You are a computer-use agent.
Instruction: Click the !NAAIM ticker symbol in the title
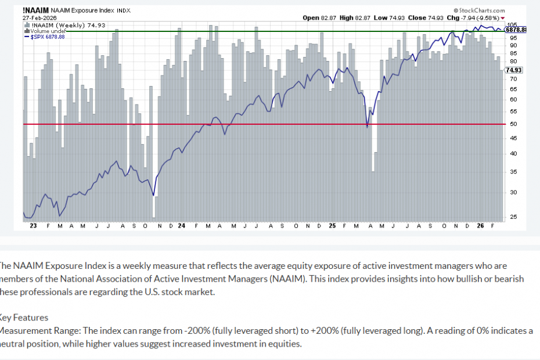pos(35,10)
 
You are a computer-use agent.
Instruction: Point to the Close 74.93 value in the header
pos(425,17)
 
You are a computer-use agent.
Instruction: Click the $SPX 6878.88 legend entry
pos(45,37)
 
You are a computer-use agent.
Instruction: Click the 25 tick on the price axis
pos(513,218)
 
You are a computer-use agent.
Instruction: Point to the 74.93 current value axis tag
pos(514,70)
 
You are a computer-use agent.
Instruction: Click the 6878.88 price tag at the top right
pos(516,30)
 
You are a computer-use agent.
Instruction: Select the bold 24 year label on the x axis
pos(182,225)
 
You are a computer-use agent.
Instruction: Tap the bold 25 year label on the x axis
pos(332,225)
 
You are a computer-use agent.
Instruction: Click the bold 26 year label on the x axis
pos(479,225)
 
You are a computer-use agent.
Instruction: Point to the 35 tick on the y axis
pos(513,172)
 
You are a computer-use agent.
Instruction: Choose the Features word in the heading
pos(33,318)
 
